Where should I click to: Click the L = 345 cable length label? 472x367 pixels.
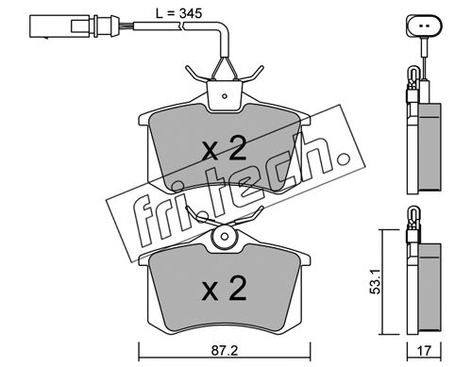pos(178,13)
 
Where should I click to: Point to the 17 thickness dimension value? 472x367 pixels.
pos(425,351)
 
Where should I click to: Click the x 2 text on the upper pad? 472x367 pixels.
pos(224,150)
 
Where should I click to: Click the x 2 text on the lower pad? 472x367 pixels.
pos(224,289)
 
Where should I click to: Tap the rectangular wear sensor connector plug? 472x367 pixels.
pos(75,26)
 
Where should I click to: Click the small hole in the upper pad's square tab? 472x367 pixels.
pos(225,96)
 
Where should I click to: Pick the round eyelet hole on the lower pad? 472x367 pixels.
pos(225,237)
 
